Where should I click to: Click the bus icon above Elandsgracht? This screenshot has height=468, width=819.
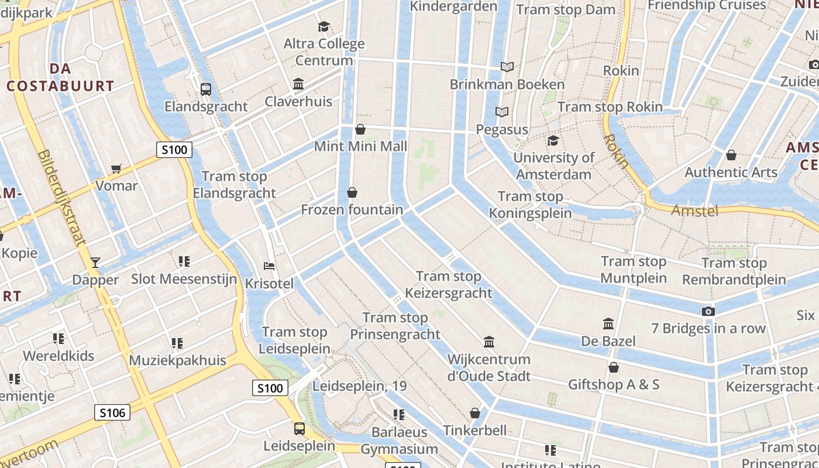(206, 90)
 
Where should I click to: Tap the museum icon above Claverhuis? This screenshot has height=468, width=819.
(298, 84)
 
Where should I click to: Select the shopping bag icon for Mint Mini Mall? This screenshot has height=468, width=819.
(360, 129)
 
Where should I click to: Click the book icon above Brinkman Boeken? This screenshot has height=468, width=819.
(507, 67)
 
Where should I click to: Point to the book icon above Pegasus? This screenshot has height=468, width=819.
(501, 112)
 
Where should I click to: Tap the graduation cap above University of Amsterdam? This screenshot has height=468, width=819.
(553, 141)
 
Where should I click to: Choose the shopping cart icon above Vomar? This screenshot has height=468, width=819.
(116, 169)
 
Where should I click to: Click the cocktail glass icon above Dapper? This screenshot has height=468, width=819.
(95, 263)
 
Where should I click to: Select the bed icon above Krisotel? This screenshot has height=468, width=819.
(269, 267)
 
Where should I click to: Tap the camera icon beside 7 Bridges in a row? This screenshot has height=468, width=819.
(708, 311)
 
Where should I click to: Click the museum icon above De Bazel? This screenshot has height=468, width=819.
(608, 324)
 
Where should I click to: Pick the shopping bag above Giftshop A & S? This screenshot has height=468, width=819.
(613, 367)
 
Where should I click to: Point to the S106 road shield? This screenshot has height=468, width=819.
(112, 413)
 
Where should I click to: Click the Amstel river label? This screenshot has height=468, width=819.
(694, 211)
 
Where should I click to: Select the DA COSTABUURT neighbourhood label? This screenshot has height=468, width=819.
(60, 77)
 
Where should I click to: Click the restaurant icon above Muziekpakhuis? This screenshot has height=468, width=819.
(177, 343)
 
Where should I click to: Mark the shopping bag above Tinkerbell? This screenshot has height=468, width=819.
(475, 414)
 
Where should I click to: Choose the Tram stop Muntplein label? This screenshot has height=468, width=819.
(634, 269)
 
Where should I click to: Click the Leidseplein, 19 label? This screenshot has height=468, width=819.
(360, 386)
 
